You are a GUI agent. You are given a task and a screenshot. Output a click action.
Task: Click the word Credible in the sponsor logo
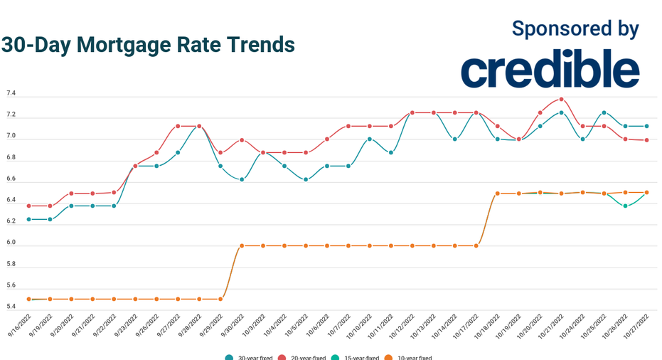point(550,70)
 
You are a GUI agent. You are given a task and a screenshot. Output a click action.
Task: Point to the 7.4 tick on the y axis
point(11,94)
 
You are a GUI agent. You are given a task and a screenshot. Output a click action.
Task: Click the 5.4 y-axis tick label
point(11,306)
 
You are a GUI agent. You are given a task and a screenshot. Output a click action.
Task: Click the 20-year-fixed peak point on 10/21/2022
point(561,99)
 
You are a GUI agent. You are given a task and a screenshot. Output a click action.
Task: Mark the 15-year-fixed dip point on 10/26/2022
point(625,206)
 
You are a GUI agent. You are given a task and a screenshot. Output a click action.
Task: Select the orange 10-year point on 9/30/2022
point(242,245)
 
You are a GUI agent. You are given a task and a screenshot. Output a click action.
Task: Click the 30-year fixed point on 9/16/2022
point(28,219)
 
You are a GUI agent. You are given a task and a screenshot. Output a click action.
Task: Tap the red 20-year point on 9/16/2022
point(28,206)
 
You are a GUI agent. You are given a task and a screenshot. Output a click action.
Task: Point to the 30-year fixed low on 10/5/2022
point(306,179)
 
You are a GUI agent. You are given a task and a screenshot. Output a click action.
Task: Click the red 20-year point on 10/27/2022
point(646,140)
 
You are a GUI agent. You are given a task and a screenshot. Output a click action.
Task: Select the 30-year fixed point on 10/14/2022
point(455,139)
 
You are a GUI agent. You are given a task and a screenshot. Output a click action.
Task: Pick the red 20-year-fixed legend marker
point(282,358)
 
